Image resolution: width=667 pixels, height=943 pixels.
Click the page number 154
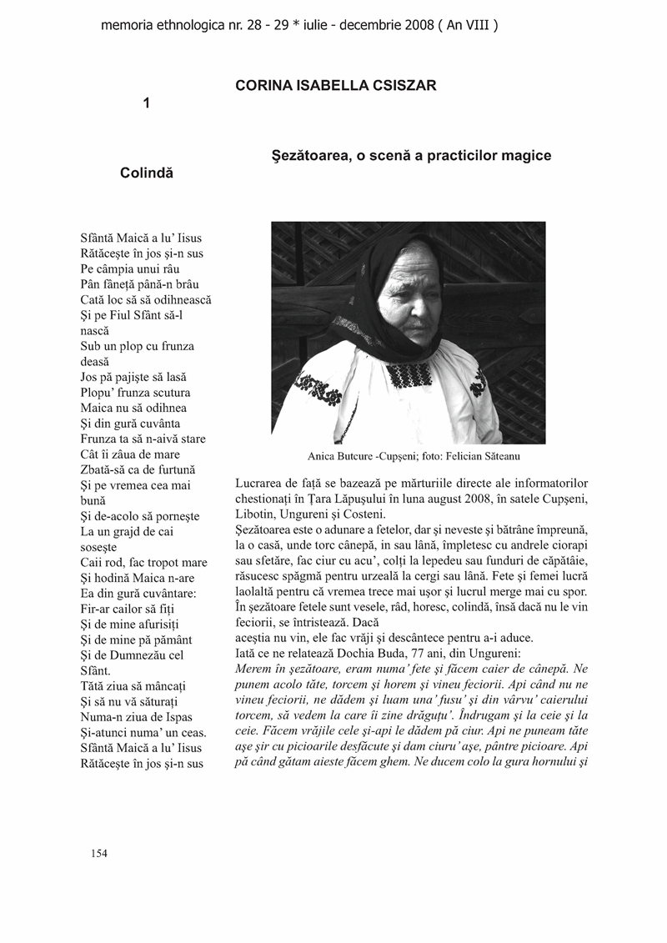click(99, 853)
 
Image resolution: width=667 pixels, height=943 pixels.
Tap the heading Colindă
click(147, 173)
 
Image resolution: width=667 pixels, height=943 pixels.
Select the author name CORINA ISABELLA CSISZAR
click(336, 86)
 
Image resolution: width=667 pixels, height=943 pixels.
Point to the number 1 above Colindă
click(147, 103)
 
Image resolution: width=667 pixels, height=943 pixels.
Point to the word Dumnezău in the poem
click(153, 654)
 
